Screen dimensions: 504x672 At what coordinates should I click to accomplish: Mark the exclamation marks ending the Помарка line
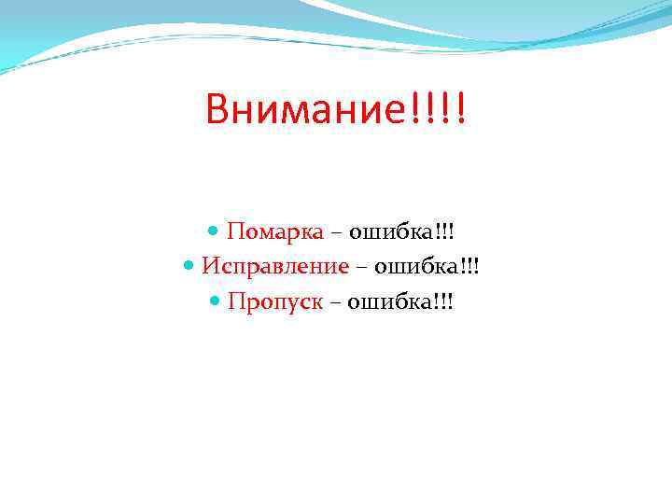tap(450, 231)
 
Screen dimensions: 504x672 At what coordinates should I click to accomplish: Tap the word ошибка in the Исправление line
tap(415, 267)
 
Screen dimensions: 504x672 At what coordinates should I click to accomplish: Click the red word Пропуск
tap(275, 302)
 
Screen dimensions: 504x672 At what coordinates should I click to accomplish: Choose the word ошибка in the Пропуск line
tap(387, 302)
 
